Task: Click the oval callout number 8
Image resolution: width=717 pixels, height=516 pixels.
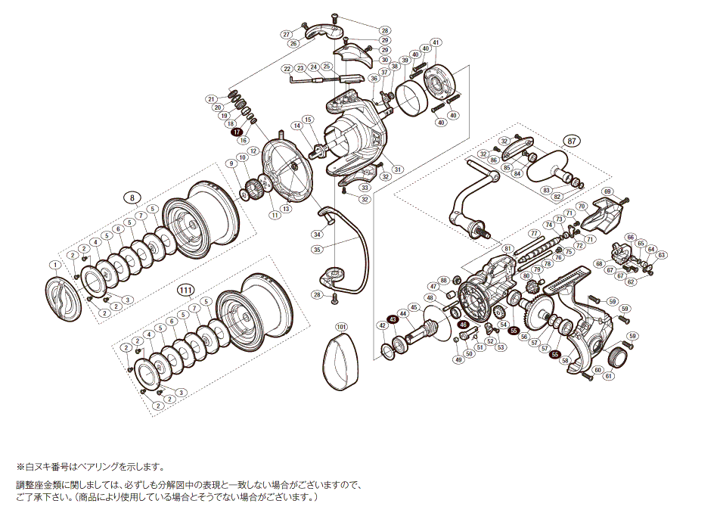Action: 132,197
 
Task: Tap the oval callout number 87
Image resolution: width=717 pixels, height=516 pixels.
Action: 573,141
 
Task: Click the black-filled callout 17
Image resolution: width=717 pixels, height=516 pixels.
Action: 235,131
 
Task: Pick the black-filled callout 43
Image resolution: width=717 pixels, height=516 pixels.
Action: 393,319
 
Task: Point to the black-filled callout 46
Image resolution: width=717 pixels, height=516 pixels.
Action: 464,325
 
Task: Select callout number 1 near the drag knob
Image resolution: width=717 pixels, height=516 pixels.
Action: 54,265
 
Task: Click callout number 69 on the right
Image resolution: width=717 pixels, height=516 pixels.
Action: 608,191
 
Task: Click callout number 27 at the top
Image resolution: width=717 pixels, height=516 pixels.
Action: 286,35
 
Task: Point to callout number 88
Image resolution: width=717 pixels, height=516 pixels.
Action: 445,280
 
